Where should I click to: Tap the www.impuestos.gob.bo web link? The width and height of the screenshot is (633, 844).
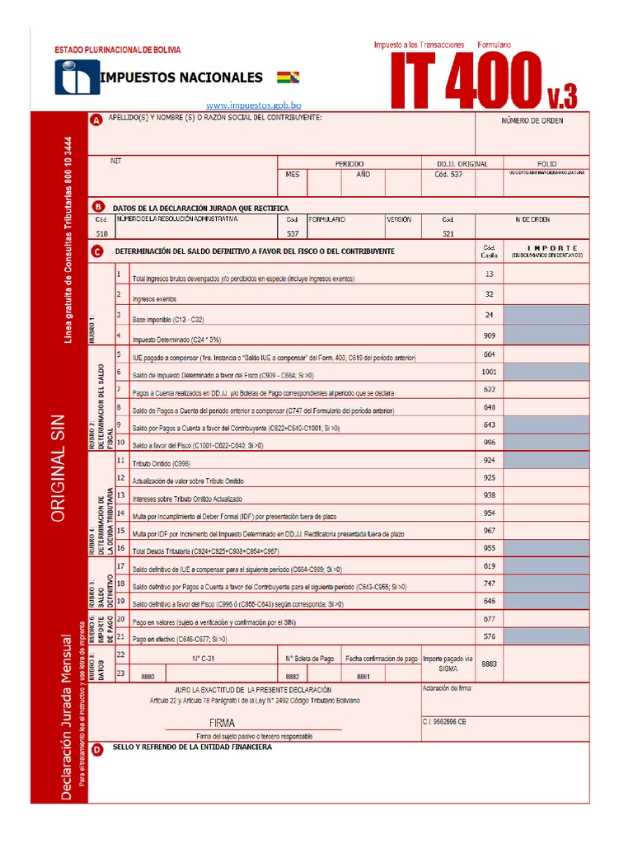click(253, 105)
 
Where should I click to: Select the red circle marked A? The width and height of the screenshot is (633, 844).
click(96, 120)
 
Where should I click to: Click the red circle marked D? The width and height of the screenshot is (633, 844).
click(96, 749)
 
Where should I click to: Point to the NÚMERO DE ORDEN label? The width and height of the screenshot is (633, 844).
click(532, 121)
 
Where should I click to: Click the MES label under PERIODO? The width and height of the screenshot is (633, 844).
click(293, 175)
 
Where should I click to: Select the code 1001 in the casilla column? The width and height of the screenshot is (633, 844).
click(490, 373)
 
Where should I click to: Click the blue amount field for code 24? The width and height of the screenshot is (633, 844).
click(546, 315)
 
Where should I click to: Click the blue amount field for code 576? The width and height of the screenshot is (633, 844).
click(546, 636)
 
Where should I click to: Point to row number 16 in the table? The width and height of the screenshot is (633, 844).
click(121, 546)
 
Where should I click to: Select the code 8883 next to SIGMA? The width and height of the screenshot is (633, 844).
click(490, 663)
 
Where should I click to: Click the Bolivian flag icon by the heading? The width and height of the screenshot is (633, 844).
click(289, 78)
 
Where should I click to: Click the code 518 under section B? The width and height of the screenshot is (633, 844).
click(101, 234)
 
